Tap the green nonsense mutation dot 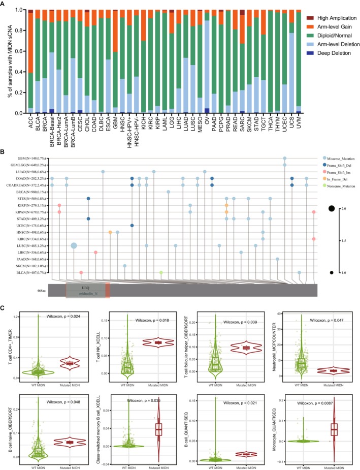pos(161,272)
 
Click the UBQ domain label pos(87,287)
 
